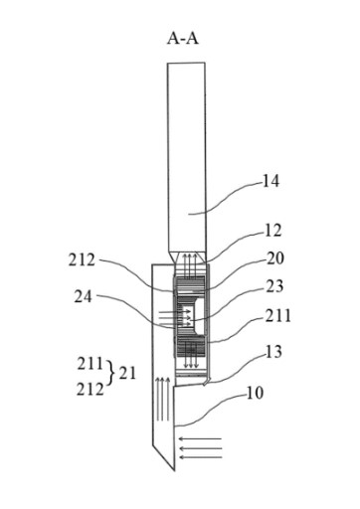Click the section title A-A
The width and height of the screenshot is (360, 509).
click(x=183, y=39)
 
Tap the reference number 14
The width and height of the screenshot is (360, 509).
click(x=270, y=181)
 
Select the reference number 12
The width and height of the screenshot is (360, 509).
click(x=273, y=231)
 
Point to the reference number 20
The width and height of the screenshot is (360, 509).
click(x=275, y=258)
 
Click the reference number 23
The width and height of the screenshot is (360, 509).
click(x=274, y=286)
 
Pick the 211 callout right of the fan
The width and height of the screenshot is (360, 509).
click(x=277, y=316)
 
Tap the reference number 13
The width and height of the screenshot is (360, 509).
click(x=273, y=352)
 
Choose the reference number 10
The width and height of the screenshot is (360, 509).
click(x=255, y=393)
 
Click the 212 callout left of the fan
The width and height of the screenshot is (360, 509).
click(x=82, y=260)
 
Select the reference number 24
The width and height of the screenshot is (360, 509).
click(x=83, y=296)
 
